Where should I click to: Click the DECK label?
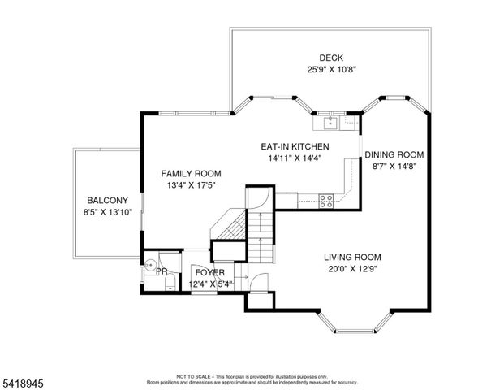tap(330, 58)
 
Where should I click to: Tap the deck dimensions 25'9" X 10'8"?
tap(331, 69)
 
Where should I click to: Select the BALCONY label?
tap(108, 200)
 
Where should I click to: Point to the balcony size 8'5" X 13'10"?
tap(108, 212)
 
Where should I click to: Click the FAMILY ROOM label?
tap(191, 173)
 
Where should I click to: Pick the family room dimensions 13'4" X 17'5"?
tap(191, 185)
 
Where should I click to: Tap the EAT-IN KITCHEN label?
tap(294, 146)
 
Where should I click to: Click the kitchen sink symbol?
tap(330, 123)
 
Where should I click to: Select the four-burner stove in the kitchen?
tap(326, 198)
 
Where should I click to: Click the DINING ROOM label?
tap(394, 154)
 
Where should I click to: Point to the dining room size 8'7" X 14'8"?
tap(394, 166)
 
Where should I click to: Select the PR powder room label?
tap(162, 271)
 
